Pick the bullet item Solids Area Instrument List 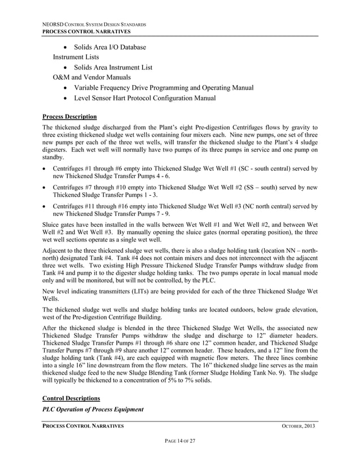[113, 67]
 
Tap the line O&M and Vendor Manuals [92, 77]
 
